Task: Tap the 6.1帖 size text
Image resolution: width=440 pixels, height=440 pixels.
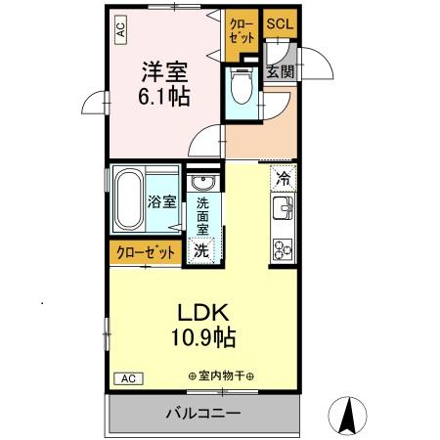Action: (164, 97)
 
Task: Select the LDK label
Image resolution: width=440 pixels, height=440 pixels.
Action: (202, 314)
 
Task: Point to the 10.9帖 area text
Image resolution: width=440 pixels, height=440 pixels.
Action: (202, 339)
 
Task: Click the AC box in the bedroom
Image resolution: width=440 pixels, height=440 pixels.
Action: (121, 31)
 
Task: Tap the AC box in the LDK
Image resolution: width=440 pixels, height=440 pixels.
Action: (126, 377)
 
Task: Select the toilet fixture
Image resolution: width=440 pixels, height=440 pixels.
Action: (241, 89)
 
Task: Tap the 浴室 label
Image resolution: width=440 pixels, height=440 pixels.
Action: (162, 202)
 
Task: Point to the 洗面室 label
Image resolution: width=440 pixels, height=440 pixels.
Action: (202, 216)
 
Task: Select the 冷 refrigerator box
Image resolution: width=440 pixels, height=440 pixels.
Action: (282, 180)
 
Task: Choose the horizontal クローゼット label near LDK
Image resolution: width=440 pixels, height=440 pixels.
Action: (144, 251)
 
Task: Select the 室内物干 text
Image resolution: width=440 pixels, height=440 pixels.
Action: (221, 376)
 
